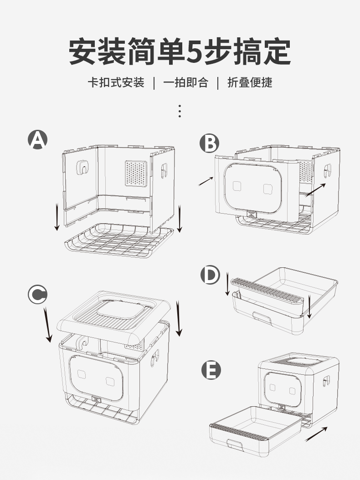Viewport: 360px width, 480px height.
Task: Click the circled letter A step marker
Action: coord(37,139)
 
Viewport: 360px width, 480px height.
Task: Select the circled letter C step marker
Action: coord(37,295)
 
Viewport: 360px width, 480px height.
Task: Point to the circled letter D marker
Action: coord(210,275)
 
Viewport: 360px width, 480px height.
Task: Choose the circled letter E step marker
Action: coord(211,371)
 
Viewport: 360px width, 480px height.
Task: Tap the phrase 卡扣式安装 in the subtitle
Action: coord(116,82)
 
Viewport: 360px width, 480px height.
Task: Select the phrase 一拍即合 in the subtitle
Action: coord(185,82)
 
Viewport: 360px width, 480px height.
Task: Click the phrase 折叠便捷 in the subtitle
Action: coord(250,82)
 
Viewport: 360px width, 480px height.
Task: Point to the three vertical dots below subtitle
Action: coord(180,111)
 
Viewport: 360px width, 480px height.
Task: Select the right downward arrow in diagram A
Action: coord(180,219)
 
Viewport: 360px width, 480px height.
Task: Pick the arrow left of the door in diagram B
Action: coord(206,181)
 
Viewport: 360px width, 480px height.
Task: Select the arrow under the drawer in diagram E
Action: coord(316,434)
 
